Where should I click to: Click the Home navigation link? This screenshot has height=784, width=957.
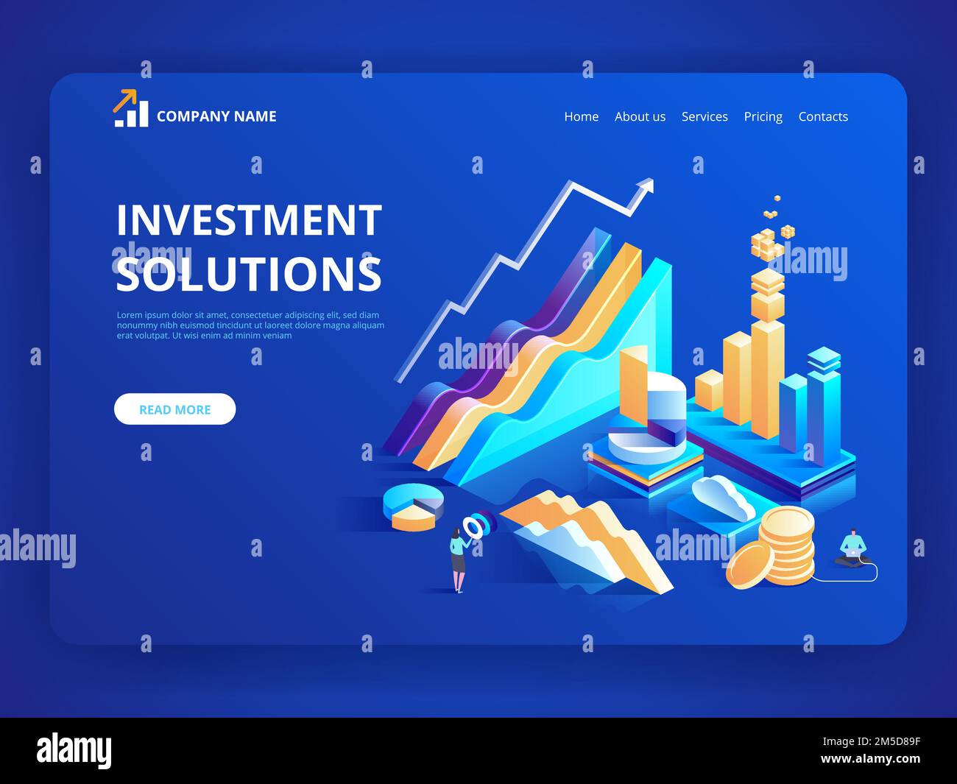(x=581, y=116)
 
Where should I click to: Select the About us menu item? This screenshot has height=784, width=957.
(x=640, y=116)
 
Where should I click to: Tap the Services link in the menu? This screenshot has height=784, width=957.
(x=704, y=116)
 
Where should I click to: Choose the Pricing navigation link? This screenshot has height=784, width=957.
(x=763, y=116)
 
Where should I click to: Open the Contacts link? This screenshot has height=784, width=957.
(x=823, y=116)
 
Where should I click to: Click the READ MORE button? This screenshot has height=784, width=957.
(x=174, y=409)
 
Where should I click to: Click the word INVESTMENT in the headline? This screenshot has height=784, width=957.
(x=249, y=220)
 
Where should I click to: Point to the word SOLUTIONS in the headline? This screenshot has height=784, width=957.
(x=249, y=274)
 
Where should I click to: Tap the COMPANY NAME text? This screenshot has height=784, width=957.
(x=216, y=116)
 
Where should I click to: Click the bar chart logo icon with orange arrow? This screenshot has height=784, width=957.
(x=130, y=109)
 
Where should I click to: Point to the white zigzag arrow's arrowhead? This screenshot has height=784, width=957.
(x=646, y=186)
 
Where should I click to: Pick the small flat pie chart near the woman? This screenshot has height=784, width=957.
(x=413, y=506)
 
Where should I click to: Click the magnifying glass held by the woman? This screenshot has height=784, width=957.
(x=473, y=526)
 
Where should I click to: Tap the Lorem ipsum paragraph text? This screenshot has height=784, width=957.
(x=250, y=325)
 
